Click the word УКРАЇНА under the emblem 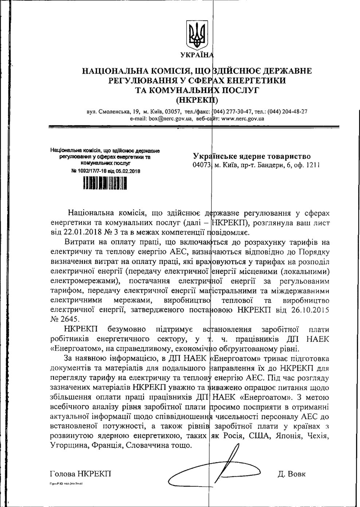point(197,55)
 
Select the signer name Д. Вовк point(291,474)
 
